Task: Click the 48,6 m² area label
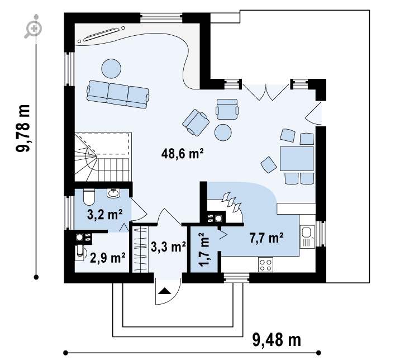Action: click(182, 154)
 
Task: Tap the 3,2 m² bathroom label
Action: click(104, 215)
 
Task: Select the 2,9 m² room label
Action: click(107, 258)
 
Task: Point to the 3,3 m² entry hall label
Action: click(168, 247)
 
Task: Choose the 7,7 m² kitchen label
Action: click(266, 238)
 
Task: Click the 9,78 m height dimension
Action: click(23, 129)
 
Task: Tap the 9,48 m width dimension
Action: click(277, 340)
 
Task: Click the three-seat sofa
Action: click(118, 94)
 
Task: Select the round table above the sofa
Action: click(111, 68)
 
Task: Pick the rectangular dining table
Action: click(297, 159)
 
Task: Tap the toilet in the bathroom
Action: click(89, 197)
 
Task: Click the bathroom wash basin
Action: click(113, 193)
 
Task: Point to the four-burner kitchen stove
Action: click(265, 265)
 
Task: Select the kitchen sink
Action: click(307, 236)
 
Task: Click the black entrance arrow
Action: click(164, 291)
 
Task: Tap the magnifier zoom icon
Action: click(33, 28)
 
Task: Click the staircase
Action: click(102, 157)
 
